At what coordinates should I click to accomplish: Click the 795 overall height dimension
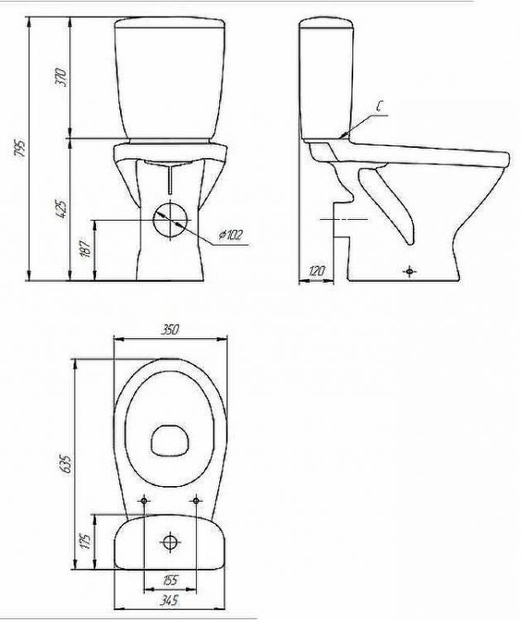click(20, 148)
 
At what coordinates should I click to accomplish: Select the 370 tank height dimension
click(61, 78)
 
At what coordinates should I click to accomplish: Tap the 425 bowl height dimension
click(61, 210)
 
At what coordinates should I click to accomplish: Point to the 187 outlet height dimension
click(86, 249)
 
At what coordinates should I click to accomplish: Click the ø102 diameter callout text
click(230, 235)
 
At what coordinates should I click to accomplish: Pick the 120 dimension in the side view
click(316, 271)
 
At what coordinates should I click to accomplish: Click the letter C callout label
click(380, 107)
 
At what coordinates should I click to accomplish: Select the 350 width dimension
click(170, 329)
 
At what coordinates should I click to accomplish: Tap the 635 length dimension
click(65, 465)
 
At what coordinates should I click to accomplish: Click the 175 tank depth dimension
click(86, 541)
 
